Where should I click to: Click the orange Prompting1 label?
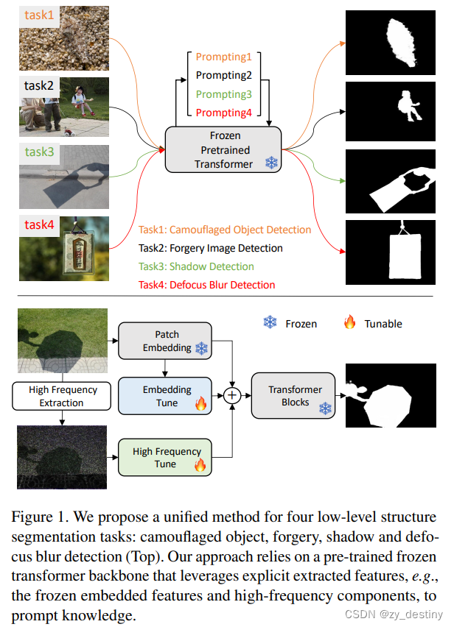tap(223, 57)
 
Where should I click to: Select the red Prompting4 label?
tap(223, 113)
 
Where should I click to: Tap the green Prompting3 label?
tap(223, 94)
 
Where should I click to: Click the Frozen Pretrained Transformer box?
tap(223, 150)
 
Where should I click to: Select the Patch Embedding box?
tap(165, 341)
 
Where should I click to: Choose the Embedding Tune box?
tap(165, 396)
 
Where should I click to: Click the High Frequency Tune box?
tap(165, 458)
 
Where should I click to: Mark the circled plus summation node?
tap(233, 396)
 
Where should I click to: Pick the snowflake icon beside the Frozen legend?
tap(270, 323)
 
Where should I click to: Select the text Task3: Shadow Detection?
tap(196, 266)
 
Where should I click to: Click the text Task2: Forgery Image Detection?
tap(210, 248)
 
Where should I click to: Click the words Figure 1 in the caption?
tap(38, 517)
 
